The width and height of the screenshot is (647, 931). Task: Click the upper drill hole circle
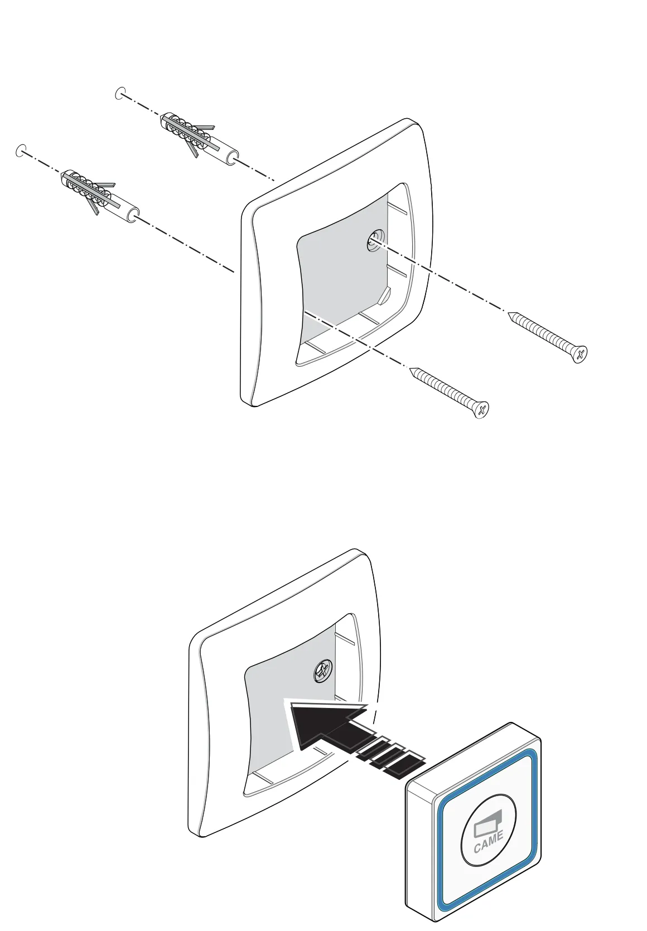(x=120, y=93)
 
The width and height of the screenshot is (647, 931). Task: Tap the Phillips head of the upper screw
(x=580, y=354)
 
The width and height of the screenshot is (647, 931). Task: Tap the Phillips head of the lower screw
(x=481, y=410)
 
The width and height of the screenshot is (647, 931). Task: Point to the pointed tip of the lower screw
(x=412, y=370)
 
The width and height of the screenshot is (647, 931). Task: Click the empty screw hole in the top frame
(x=373, y=242)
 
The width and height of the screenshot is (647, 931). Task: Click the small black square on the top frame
(x=426, y=185)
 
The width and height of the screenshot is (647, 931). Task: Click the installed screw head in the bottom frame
(x=322, y=671)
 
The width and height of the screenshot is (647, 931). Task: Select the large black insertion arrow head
(x=318, y=724)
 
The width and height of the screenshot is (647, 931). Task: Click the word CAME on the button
(x=489, y=842)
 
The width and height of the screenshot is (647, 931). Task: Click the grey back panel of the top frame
(x=340, y=262)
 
